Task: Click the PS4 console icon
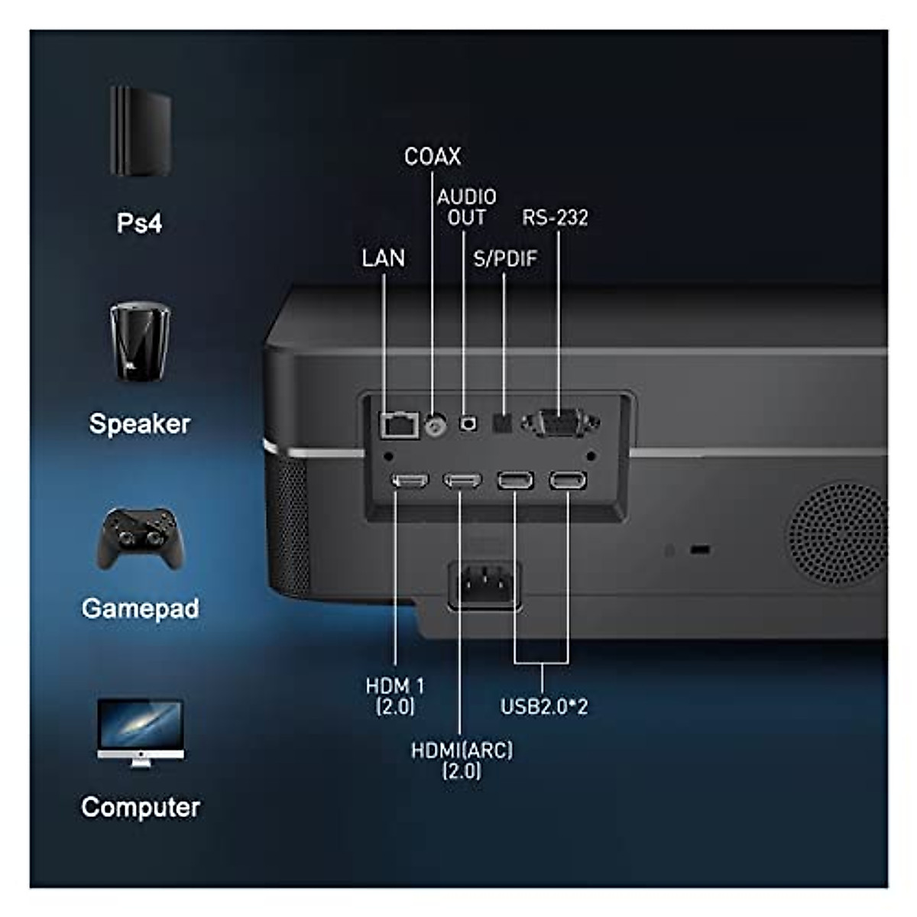point(140,131)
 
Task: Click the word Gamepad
point(140,608)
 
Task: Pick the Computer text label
point(140,807)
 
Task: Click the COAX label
point(433,157)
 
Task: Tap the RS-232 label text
point(556,218)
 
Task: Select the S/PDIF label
point(505,258)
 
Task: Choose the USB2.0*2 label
point(544,706)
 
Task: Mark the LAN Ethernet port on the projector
point(399,424)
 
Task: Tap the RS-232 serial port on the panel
point(559,423)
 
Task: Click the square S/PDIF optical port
point(504,423)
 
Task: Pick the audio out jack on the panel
point(467,423)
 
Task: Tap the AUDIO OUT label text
point(466,207)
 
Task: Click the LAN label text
point(383,258)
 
